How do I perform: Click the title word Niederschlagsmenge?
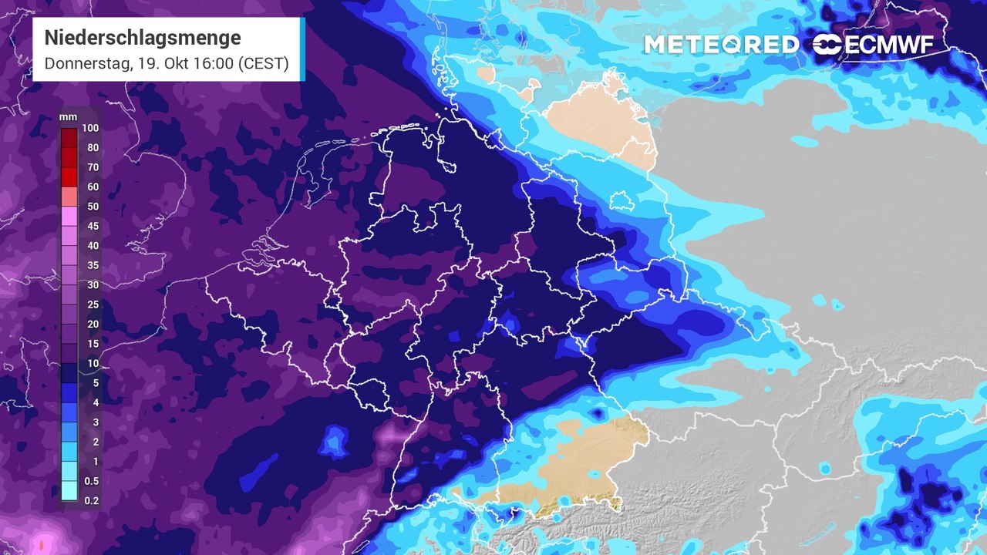pos(143,38)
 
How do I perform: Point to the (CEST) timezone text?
pos(263,64)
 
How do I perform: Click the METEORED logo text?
pos(722,45)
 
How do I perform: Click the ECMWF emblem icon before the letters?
pos(827,45)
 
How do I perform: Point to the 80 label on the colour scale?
pos(93,147)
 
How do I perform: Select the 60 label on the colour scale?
pos(93,187)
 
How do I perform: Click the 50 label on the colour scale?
pos(93,207)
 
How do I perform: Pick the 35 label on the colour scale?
pos(93,265)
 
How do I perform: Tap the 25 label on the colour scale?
pos(93,304)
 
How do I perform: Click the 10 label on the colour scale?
pos(93,363)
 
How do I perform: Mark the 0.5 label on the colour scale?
pos(91,481)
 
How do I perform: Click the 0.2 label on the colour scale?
pos(91,500)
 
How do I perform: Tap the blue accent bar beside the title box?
pos(302,49)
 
